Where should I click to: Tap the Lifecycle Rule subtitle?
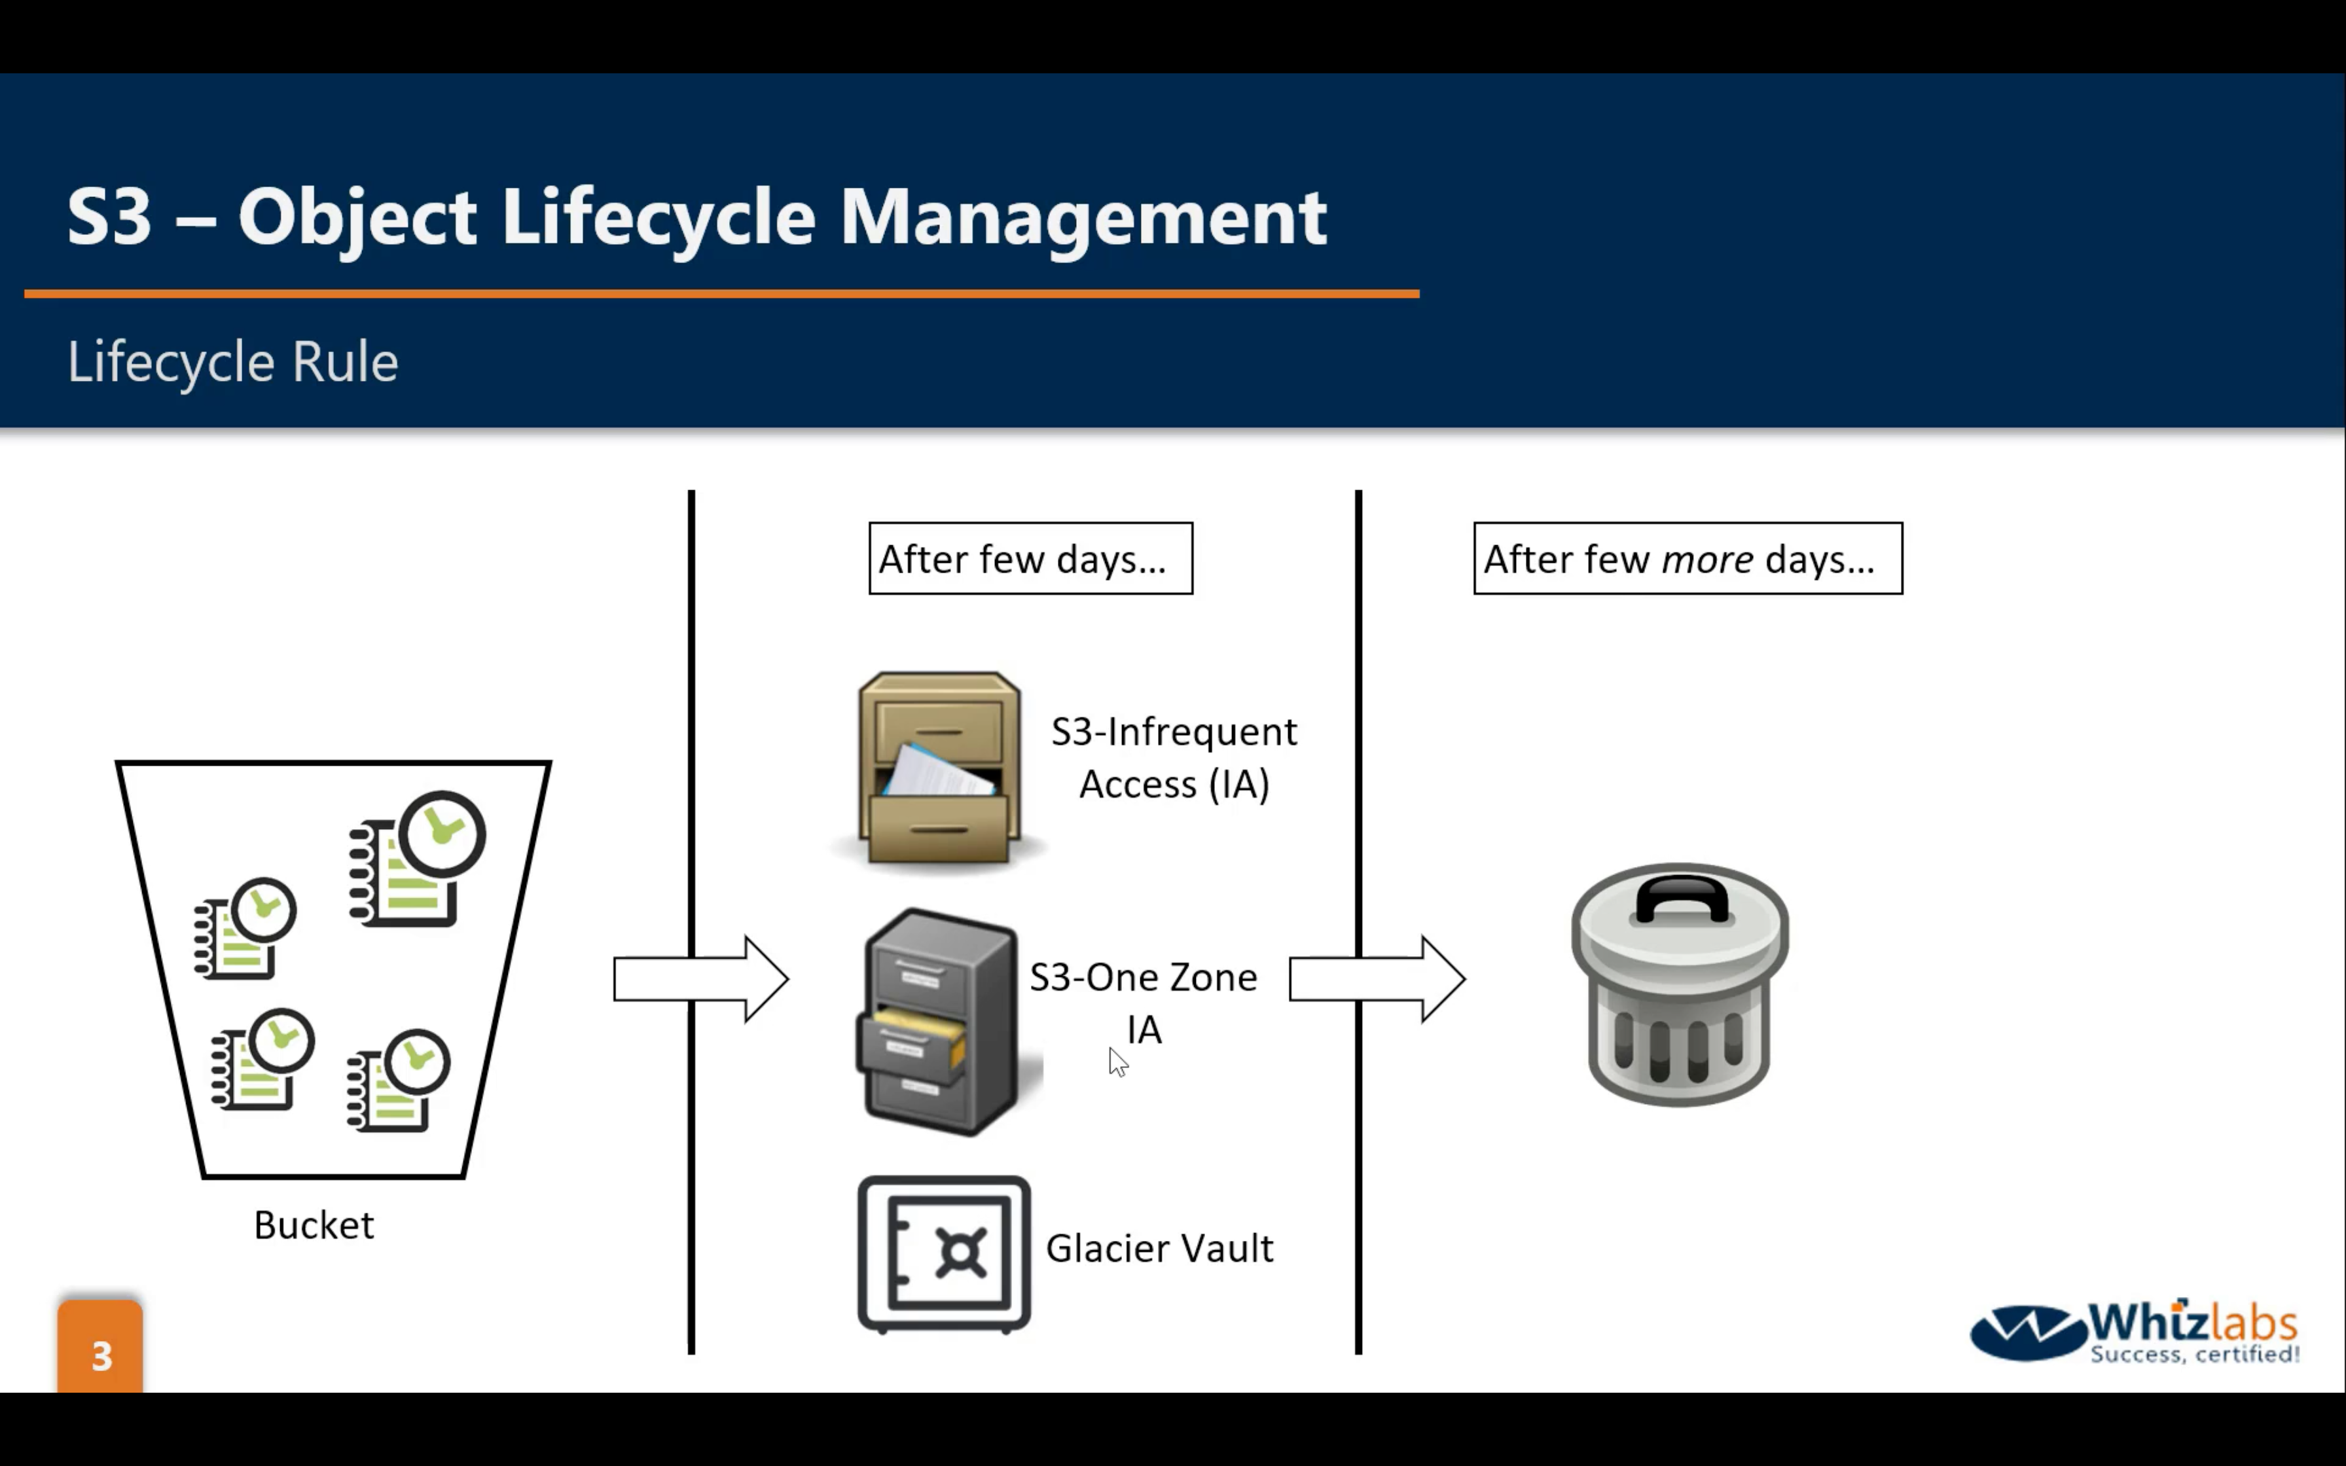[232, 363]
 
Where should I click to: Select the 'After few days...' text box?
[1030, 558]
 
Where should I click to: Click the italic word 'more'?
[1706, 560]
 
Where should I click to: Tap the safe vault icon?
[943, 1254]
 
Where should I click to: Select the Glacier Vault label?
[1159, 1249]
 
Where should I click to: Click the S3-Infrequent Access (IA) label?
[1174, 757]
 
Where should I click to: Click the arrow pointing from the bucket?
[700, 978]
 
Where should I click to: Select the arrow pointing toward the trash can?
[1376, 978]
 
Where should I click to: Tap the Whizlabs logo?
[2135, 1331]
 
